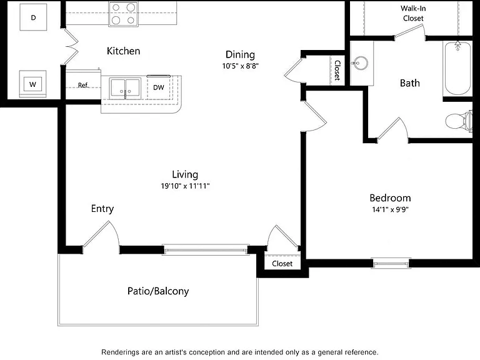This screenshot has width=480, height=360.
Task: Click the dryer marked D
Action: click(x=33, y=17)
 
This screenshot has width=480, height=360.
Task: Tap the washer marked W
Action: click(x=32, y=84)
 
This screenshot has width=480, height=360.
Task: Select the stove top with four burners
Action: click(x=123, y=14)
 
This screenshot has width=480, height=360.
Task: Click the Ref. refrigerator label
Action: click(x=83, y=85)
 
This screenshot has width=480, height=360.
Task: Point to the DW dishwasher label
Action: click(x=159, y=87)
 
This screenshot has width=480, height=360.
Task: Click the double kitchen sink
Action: click(x=125, y=89)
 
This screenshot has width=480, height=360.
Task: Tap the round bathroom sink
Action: click(x=360, y=64)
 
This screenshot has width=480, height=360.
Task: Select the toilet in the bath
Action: click(x=459, y=121)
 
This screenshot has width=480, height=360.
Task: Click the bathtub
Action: click(x=457, y=69)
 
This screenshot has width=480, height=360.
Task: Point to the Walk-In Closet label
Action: click(x=413, y=13)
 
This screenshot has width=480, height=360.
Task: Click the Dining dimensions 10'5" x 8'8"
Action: click(x=240, y=66)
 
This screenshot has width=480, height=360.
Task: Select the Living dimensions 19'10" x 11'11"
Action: click(x=185, y=186)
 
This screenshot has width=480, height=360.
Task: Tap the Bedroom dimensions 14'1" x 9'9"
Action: click(x=390, y=209)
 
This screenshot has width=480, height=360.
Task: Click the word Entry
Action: click(x=102, y=209)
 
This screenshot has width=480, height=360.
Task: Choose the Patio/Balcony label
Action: click(x=158, y=291)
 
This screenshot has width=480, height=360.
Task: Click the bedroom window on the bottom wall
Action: click(x=391, y=263)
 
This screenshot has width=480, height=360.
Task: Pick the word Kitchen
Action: click(x=123, y=51)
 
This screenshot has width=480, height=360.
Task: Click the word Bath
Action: click(x=409, y=83)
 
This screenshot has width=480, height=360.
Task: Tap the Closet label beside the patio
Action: click(x=282, y=264)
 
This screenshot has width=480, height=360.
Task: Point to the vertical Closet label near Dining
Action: click(x=337, y=70)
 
